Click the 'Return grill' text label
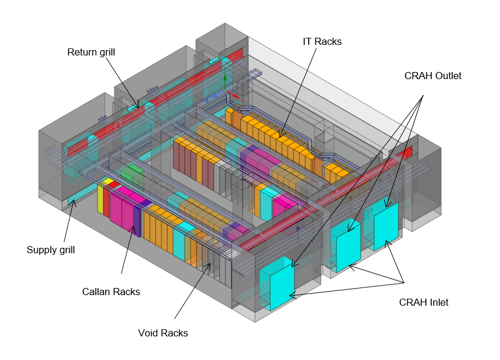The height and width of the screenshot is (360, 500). (x=91, y=53)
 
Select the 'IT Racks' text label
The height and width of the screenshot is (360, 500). (x=322, y=41)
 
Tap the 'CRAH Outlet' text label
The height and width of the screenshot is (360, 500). (x=433, y=76)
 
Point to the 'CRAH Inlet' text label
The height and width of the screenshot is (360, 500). (x=423, y=303)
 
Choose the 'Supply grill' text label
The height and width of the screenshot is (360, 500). (x=51, y=250)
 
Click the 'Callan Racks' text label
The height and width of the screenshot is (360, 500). (x=111, y=292)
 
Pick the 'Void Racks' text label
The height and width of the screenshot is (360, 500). (x=162, y=333)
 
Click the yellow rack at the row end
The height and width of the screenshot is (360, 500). (x=100, y=197)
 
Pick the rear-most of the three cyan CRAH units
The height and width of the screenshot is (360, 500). (x=386, y=225)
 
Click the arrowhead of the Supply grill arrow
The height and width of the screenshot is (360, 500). (x=74, y=202)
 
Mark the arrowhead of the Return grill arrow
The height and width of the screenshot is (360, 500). (x=139, y=108)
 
